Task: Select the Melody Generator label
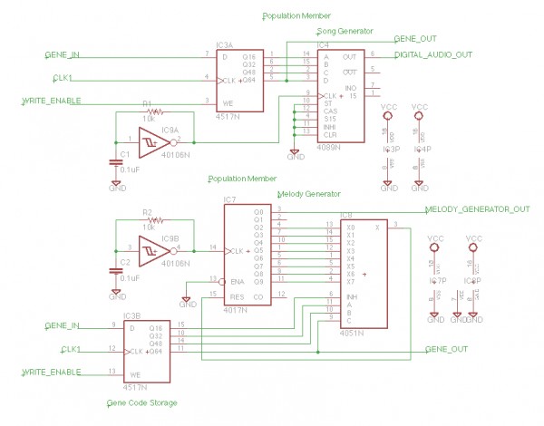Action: click(x=310, y=193)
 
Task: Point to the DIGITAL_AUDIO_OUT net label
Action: click(x=433, y=55)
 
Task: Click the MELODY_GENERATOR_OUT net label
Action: click(x=477, y=209)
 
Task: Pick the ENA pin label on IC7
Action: click(x=239, y=281)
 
